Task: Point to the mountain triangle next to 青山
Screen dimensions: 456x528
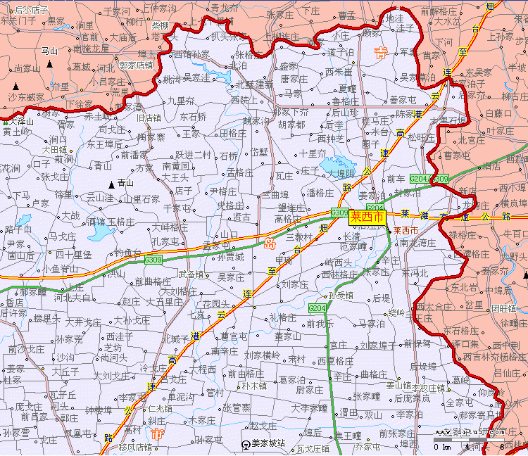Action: [111, 184]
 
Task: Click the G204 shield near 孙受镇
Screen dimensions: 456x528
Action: [318, 308]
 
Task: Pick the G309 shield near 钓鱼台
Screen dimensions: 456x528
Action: [153, 260]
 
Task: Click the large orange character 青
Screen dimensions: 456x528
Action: [381, 53]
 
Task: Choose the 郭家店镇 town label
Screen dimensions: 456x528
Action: [137, 65]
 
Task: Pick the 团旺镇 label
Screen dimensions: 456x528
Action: [504, 308]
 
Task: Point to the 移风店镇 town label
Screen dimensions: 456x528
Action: [136, 446]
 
